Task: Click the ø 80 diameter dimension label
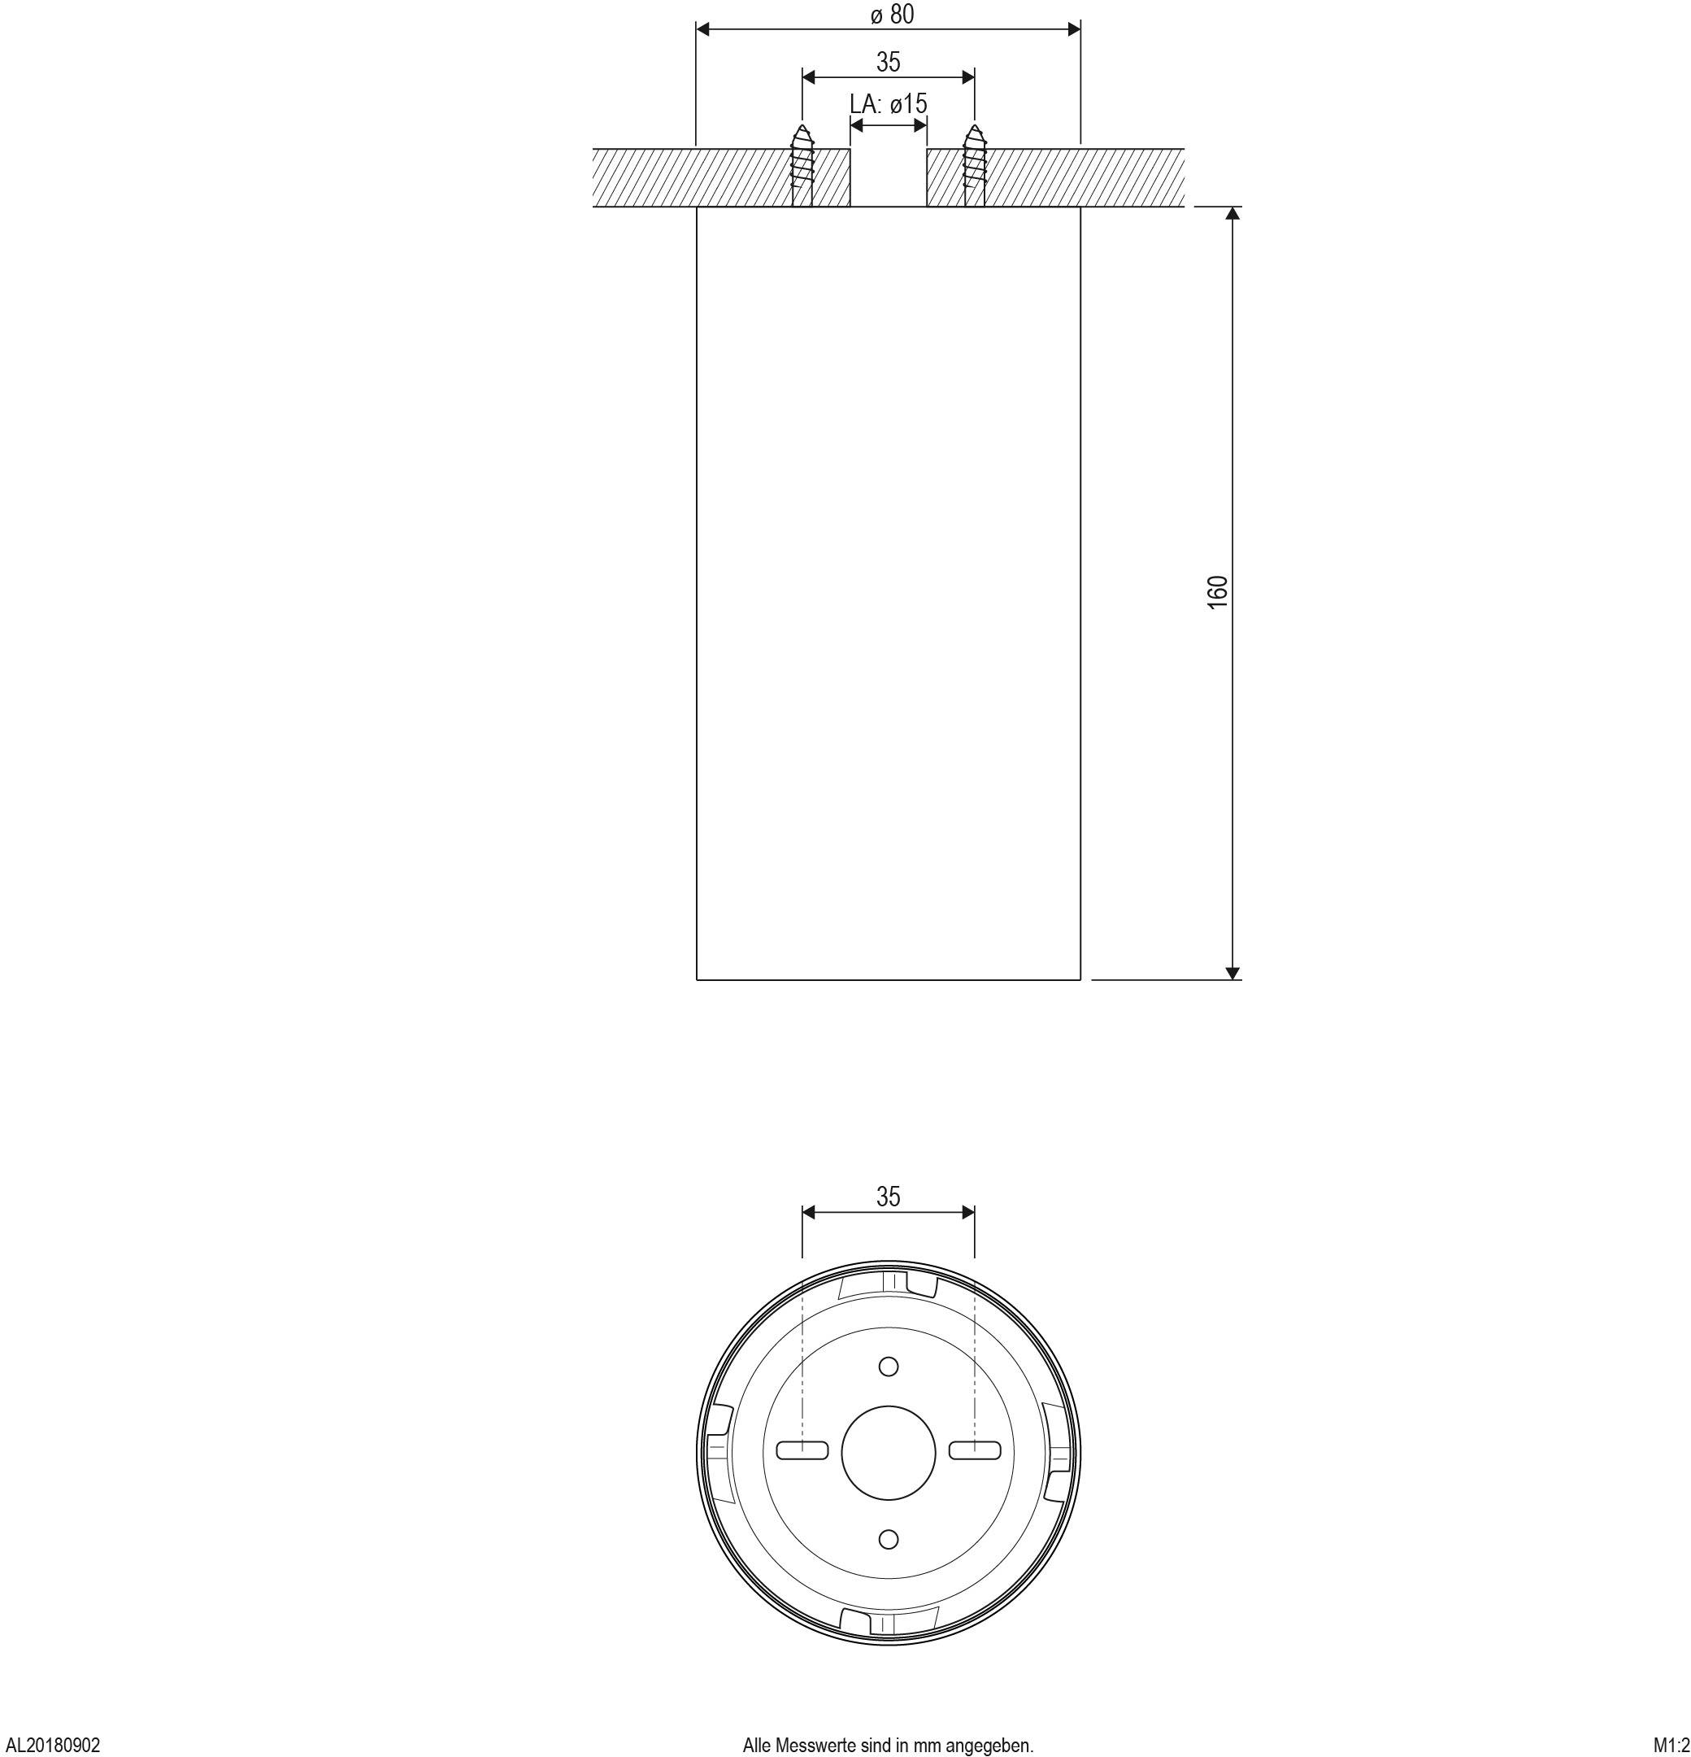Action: tap(892, 15)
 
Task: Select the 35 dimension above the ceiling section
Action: tap(887, 62)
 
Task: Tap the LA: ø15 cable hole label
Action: tap(888, 104)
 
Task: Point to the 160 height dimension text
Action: tap(1217, 592)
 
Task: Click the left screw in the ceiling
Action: tap(802, 165)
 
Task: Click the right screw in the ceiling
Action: tap(973, 165)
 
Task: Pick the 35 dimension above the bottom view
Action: tap(887, 1197)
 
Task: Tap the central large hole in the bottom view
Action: tap(888, 1452)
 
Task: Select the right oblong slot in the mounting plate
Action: tap(975, 1450)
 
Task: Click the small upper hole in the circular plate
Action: tap(888, 1367)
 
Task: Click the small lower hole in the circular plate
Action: tap(888, 1539)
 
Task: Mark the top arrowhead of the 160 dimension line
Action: tap(1232, 214)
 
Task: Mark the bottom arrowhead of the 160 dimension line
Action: tap(1232, 973)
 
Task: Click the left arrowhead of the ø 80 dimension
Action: tap(704, 29)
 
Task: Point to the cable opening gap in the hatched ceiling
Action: tap(888, 177)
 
